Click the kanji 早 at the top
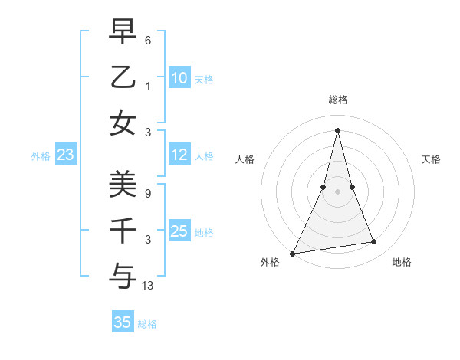[123, 31]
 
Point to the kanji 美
[123, 185]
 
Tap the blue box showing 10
[179, 78]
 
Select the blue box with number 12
[179, 155]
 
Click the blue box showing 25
[179, 232]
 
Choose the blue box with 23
[66, 155]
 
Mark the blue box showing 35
[123, 322]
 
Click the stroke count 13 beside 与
[148, 286]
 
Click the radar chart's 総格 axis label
[337, 100]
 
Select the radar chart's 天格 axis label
[431, 159]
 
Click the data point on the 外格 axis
[293, 254]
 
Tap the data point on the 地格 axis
[374, 242]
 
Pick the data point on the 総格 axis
[337, 129]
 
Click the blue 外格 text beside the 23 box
[41, 156]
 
